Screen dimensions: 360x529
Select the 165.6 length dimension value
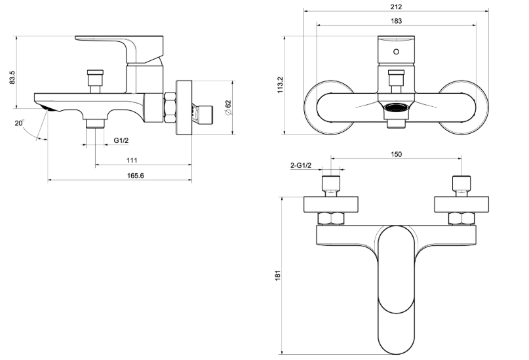[x=132, y=175]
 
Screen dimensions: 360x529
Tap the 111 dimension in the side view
[x=132, y=160]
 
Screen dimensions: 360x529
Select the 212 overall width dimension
[x=395, y=6]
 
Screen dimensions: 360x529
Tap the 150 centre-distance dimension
[x=395, y=154]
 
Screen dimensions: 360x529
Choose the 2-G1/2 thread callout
[x=301, y=165]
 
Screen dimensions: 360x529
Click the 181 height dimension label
[x=277, y=276]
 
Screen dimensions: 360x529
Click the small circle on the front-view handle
[x=396, y=51]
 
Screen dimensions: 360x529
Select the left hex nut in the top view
[x=330, y=218]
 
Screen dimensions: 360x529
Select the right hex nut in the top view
[x=461, y=218]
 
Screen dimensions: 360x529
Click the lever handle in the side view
[x=118, y=46]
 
